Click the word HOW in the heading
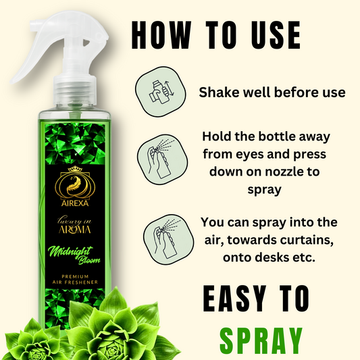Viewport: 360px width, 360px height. point(161,35)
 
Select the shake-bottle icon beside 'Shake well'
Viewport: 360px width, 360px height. point(161,92)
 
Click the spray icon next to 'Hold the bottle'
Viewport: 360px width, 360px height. point(162,159)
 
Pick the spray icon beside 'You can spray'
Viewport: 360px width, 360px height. point(168,239)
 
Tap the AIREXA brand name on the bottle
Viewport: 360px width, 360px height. point(75,203)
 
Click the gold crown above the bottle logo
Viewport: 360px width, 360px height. point(75,169)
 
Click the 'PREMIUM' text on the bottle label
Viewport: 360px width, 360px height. point(75,276)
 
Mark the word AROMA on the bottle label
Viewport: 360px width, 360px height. point(75,230)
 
